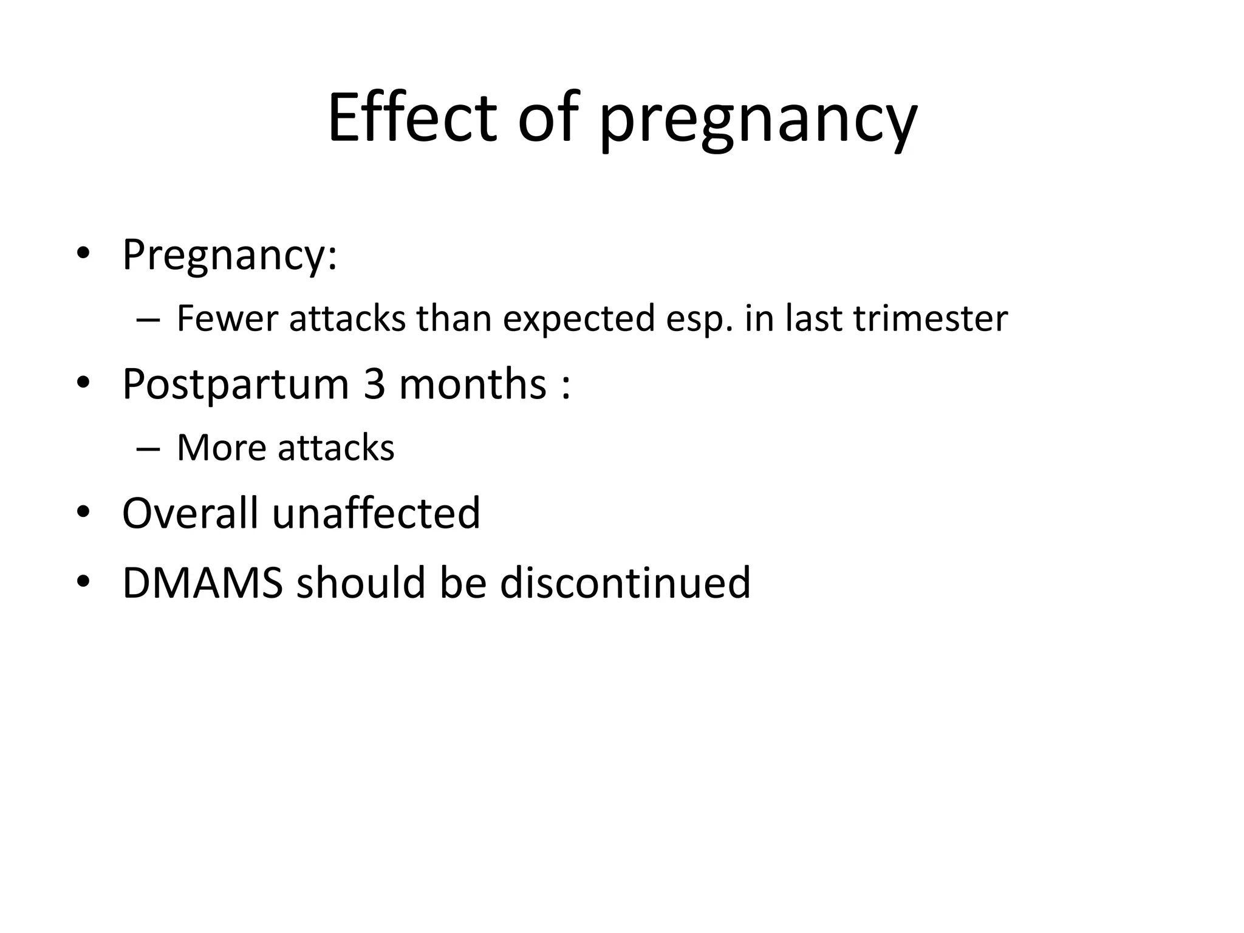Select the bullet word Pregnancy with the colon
[229, 256]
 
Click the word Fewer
[227, 318]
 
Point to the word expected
[579, 320]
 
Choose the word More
[222, 448]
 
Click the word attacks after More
[336, 448]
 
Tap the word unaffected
[376, 513]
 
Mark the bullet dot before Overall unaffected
[83, 513]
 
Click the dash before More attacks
[149, 449]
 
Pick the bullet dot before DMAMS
[83, 583]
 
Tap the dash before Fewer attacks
[149, 320]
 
